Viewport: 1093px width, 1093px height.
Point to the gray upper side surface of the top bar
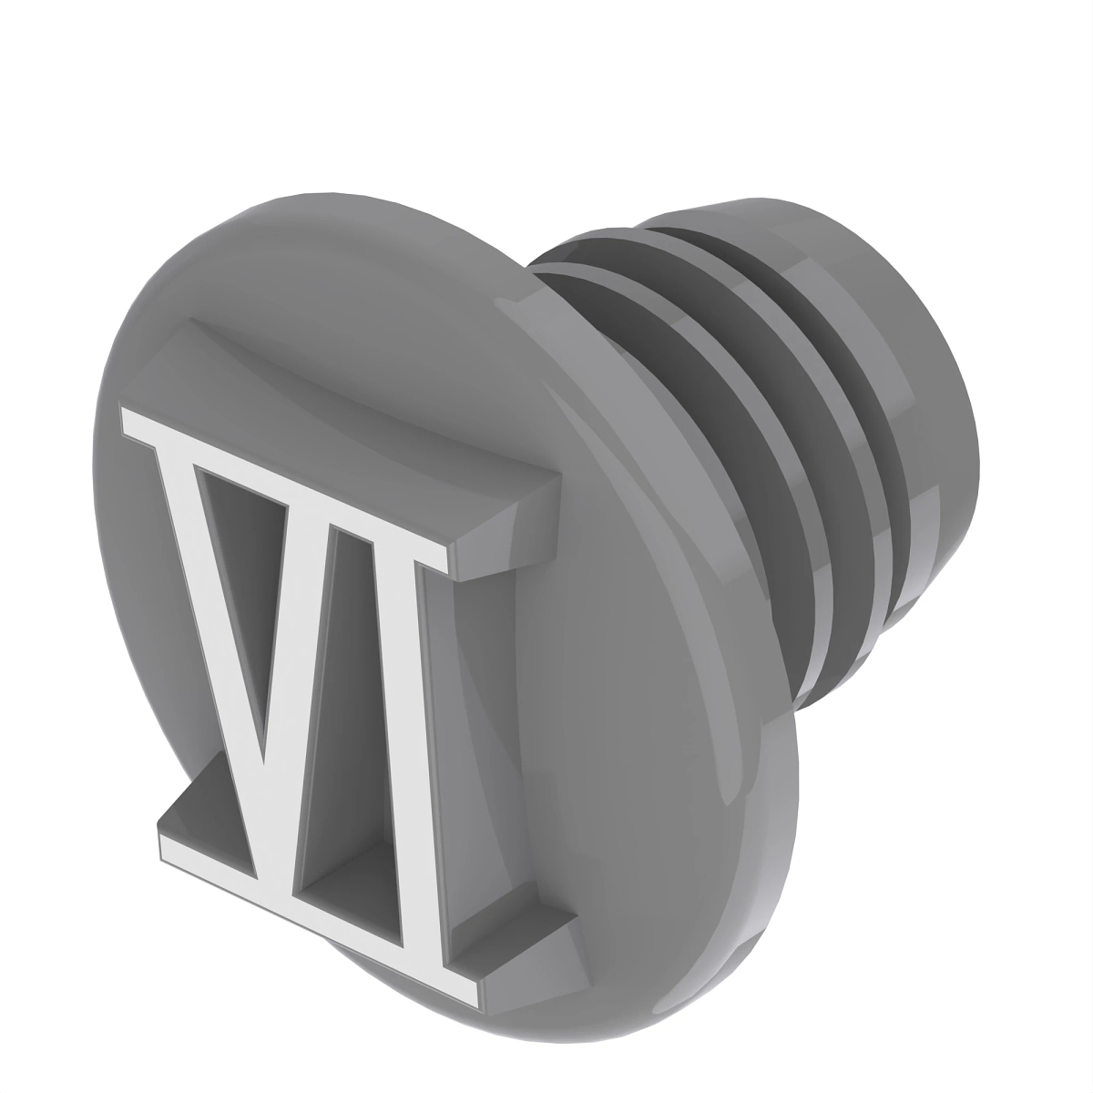point(364,410)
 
